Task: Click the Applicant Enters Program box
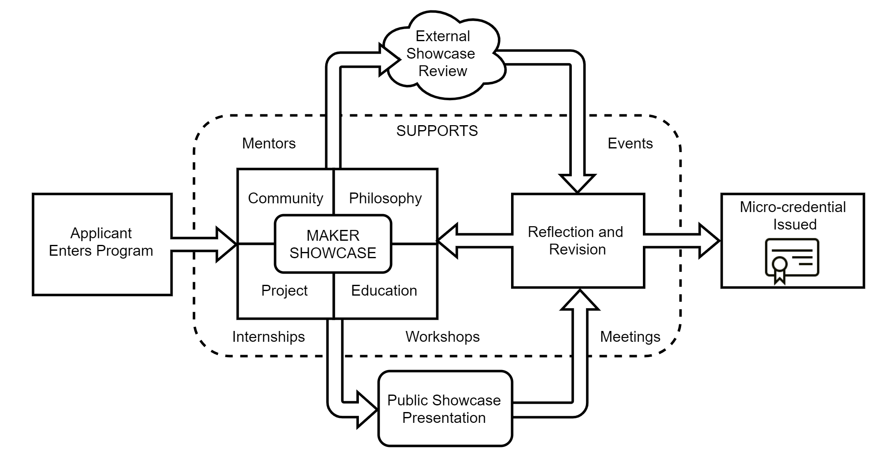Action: click(101, 244)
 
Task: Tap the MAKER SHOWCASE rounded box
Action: click(333, 244)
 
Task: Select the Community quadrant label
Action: click(285, 198)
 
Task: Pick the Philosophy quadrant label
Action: click(385, 198)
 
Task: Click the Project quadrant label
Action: click(284, 291)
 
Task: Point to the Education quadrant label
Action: click(384, 291)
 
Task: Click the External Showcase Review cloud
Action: click(442, 54)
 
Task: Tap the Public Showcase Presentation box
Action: click(444, 409)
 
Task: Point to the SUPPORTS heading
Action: click(437, 131)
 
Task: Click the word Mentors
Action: click(269, 143)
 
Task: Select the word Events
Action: click(630, 143)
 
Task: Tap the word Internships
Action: click(268, 337)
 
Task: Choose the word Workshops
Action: click(442, 337)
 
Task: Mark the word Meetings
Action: click(630, 337)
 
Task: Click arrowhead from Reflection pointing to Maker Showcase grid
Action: click(448, 241)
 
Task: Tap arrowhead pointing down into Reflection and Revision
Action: click(577, 183)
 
